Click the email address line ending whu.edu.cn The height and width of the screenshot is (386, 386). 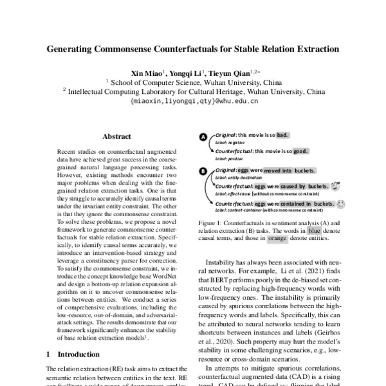(192, 101)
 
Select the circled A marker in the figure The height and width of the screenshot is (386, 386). (203, 138)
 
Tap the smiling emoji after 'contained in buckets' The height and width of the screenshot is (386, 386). (340, 203)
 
